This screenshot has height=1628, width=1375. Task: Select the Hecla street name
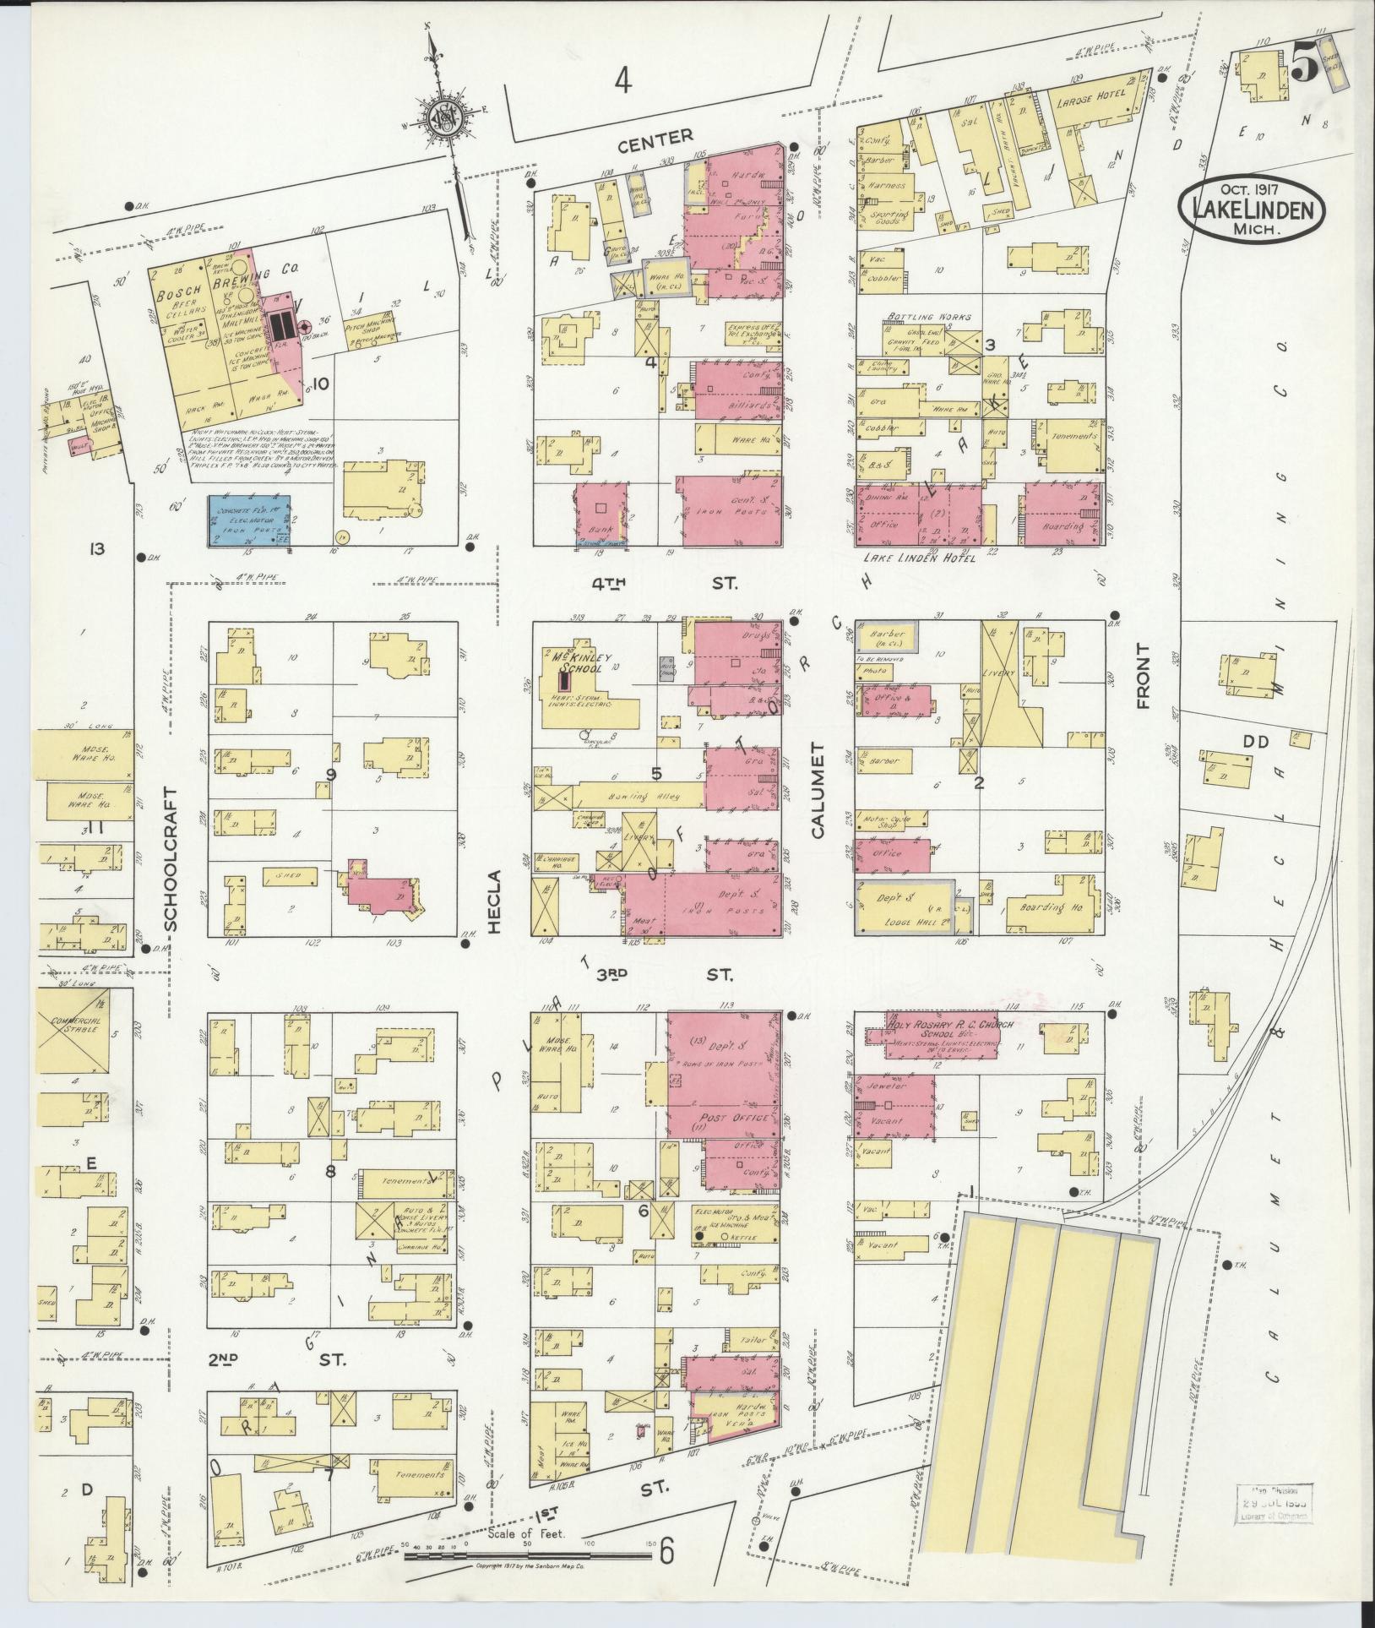(495, 901)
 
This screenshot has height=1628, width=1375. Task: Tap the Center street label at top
(655, 135)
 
